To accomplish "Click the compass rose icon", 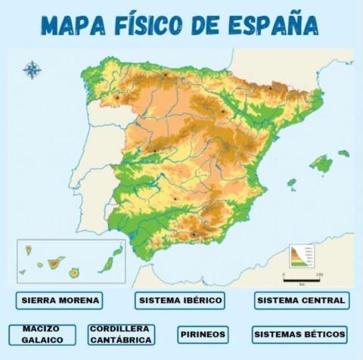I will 32,70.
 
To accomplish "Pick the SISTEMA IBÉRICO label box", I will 181,300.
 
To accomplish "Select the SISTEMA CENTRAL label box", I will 301,300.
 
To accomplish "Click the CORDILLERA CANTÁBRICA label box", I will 121,334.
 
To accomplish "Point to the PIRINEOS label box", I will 203,334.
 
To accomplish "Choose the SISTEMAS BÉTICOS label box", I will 299,334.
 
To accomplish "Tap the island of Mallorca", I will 321,163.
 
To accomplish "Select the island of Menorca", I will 344,154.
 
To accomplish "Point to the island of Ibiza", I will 291,183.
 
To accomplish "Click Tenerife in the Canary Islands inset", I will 55,263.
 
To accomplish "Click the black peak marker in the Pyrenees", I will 270,88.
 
